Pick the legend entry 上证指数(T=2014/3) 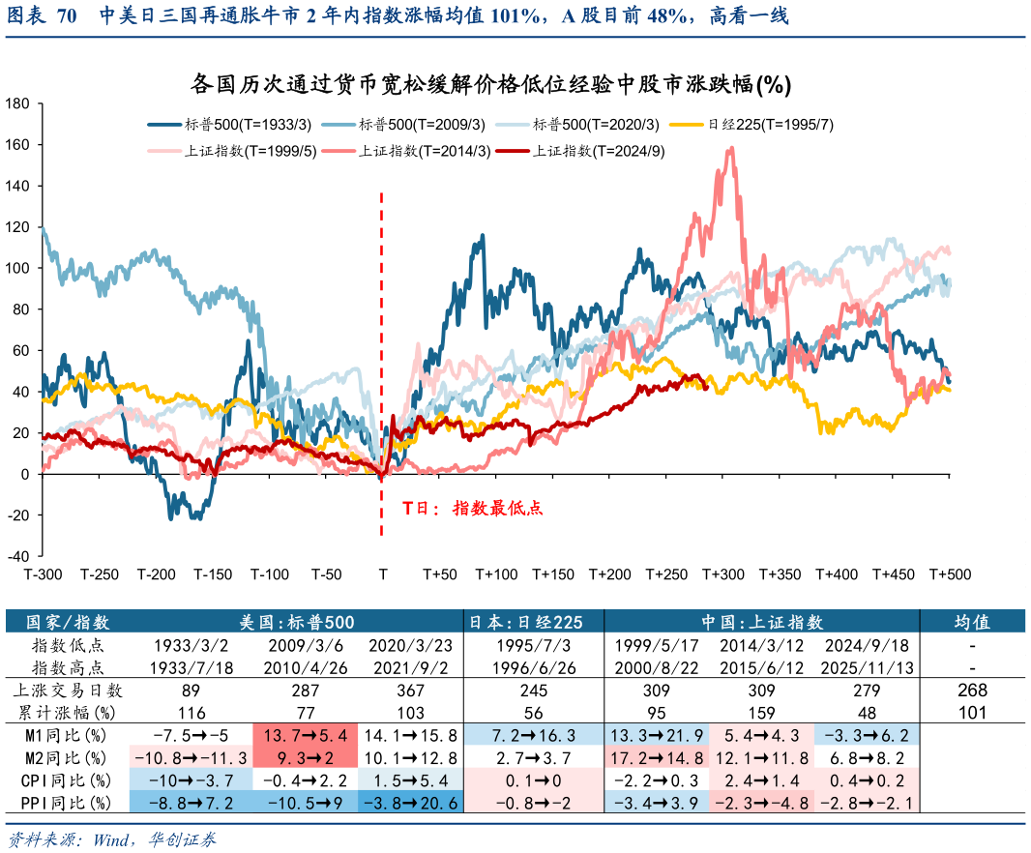(424, 151)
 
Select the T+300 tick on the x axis (722, 574)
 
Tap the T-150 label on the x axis (213, 574)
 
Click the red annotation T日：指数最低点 (473, 507)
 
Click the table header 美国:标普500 (297, 622)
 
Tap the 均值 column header (971, 622)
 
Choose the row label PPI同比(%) (61, 802)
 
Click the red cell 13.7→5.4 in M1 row (297, 735)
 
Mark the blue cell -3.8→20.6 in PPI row (409, 802)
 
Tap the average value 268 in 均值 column (971, 691)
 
